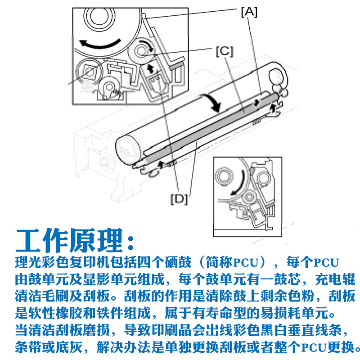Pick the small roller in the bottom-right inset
[x=248, y=197]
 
